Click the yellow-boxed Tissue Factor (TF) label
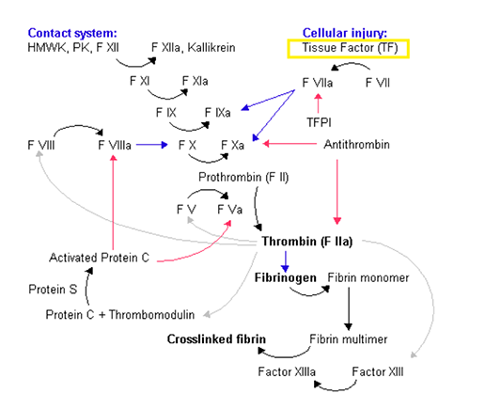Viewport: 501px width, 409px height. [x=350, y=48]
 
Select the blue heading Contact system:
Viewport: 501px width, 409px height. [x=72, y=33]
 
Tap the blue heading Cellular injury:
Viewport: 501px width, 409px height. [x=345, y=33]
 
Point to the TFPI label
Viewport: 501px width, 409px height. [x=319, y=122]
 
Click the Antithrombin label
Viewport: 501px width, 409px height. [x=356, y=145]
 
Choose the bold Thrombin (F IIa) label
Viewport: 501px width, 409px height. [x=307, y=242]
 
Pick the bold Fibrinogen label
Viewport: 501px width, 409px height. [x=286, y=277]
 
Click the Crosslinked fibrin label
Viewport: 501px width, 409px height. [x=216, y=339]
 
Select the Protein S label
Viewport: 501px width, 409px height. [x=53, y=290]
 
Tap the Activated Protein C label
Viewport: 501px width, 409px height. [x=99, y=258]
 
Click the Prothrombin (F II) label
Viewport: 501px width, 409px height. [x=243, y=177]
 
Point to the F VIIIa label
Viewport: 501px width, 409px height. [x=115, y=146]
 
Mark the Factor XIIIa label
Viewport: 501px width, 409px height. [x=287, y=372]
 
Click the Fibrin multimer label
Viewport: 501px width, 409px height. [x=349, y=339]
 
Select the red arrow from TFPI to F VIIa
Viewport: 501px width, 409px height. [x=318, y=102]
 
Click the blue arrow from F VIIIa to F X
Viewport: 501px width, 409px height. [x=152, y=145]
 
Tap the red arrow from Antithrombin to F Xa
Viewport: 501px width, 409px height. [x=290, y=144]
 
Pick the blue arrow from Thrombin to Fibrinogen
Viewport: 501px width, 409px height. [x=286, y=261]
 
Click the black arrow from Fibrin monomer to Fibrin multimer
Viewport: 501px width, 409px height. [x=349, y=309]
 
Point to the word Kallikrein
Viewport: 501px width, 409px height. [x=211, y=48]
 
